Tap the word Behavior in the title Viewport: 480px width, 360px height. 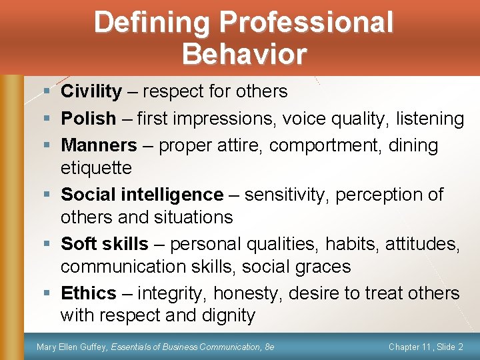point(244,53)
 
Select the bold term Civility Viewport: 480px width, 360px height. point(91,91)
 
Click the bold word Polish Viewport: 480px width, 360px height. point(88,119)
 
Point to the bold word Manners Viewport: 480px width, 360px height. point(99,145)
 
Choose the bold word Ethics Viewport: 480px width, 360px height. point(88,293)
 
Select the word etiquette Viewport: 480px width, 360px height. point(96,167)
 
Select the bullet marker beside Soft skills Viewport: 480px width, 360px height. point(44,245)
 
